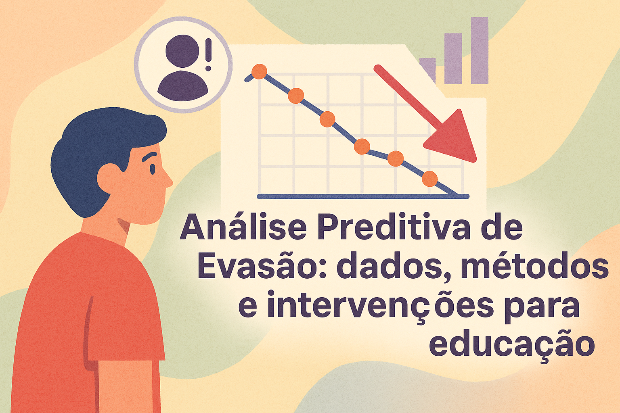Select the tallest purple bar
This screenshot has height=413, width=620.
point(480,50)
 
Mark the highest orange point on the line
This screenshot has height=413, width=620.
point(259,72)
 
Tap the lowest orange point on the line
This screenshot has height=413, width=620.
point(429,178)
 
